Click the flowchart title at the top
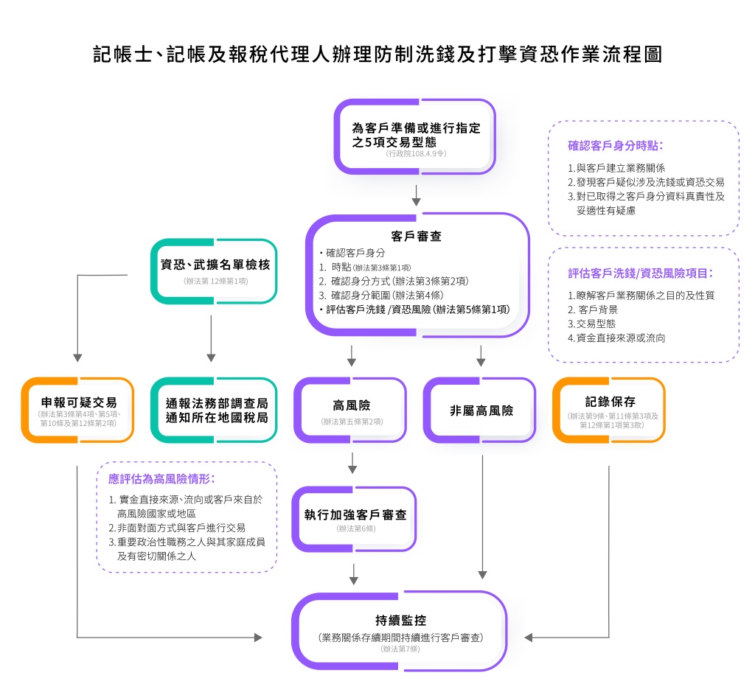[377, 55]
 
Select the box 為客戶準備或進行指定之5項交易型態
[415, 136]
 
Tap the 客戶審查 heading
[417, 237]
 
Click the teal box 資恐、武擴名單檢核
[215, 270]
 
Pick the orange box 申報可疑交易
[78, 410]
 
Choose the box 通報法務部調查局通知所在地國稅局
[215, 410]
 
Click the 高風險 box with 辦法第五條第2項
[351, 410]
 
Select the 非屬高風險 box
[481, 410]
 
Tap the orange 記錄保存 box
[609, 410]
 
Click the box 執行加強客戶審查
[355, 519]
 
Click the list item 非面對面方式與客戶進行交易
[177, 528]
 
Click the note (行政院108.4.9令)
[416, 154]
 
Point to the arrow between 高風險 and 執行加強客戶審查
[352, 462]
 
